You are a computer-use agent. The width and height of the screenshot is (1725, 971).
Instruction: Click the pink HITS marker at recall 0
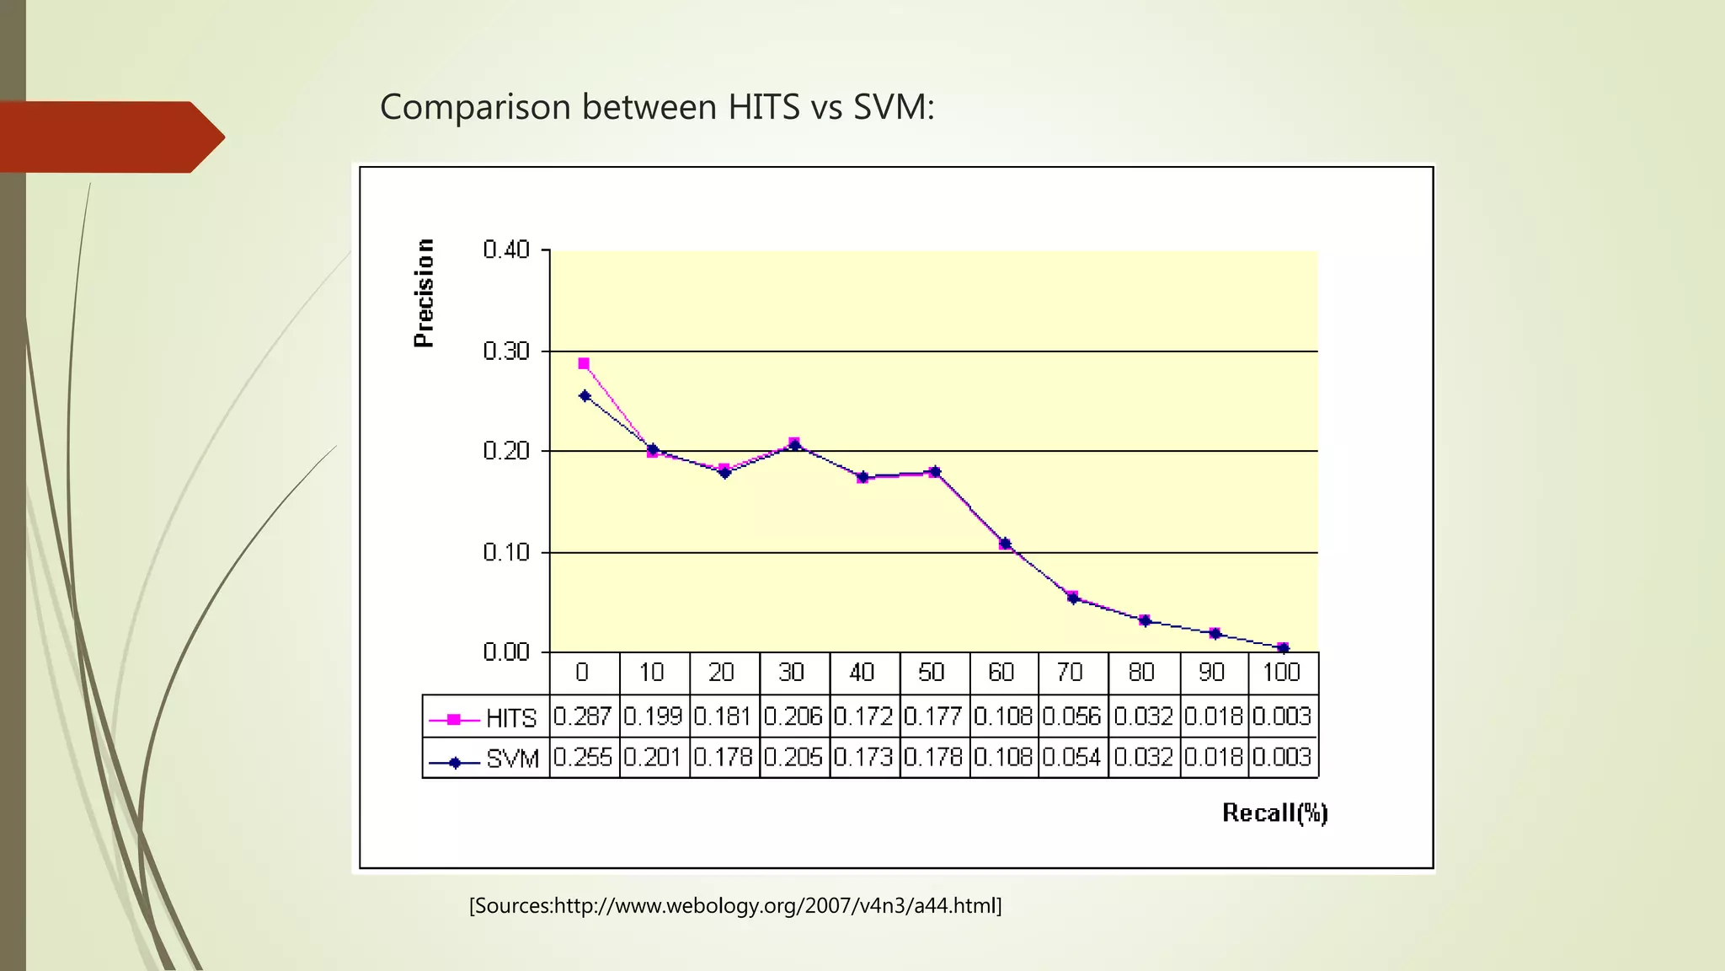pos(584,364)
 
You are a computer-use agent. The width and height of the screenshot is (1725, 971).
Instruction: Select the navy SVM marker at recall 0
pos(585,396)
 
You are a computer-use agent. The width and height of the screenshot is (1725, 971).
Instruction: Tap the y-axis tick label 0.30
pos(506,351)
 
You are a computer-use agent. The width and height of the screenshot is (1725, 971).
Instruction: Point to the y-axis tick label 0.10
pos(506,553)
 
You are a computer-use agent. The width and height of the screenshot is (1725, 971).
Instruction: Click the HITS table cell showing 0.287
pos(583,716)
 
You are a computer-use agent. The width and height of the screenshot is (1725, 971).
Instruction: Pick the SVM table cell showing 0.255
pos(583,757)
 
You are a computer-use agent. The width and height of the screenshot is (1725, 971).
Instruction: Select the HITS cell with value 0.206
pos(793,716)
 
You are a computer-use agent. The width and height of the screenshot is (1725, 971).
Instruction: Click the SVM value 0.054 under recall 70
pos(1072,757)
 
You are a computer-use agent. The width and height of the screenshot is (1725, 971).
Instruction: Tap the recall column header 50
pos(932,673)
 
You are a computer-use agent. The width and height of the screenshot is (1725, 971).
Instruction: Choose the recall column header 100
pos(1281,673)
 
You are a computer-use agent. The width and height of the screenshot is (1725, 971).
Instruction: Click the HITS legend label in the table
pos(510,718)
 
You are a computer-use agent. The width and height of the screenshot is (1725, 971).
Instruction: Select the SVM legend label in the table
pos(512,759)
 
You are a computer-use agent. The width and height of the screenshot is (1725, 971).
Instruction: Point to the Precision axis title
pos(425,292)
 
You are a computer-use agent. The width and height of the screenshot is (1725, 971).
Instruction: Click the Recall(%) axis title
pos(1274,813)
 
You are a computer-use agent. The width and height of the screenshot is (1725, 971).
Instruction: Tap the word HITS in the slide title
pos(763,107)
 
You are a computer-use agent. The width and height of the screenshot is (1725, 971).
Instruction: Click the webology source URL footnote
pos(735,906)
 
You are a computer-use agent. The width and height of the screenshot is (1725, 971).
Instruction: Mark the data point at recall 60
pos(1005,544)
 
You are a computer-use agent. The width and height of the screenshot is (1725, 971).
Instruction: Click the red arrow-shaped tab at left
pos(109,137)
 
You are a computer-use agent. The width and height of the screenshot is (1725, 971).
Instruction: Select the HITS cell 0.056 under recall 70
pos(1072,716)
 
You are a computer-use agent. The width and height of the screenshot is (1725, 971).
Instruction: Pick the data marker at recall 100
pos(1283,648)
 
